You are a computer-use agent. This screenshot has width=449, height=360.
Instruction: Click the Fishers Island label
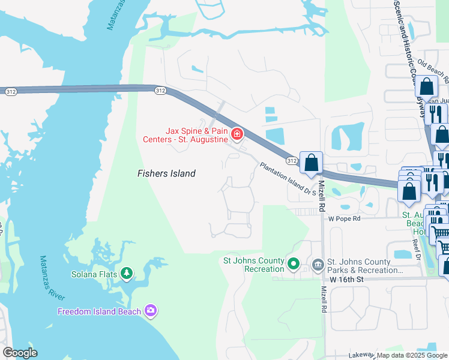pyautogui.click(x=166, y=173)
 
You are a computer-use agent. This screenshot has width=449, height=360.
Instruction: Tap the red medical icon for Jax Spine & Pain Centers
pyautogui.click(x=237, y=133)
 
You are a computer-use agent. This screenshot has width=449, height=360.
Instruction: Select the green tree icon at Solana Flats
pyautogui.click(x=126, y=274)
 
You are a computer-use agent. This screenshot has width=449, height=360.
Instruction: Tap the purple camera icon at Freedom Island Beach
pyautogui.click(x=150, y=310)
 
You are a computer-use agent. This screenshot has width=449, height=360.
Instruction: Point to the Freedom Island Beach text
pyautogui.click(x=99, y=311)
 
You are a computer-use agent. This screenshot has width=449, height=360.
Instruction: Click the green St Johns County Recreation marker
pyautogui.click(x=294, y=263)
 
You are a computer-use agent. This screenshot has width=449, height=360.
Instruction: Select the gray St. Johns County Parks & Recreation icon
pyautogui.click(x=317, y=263)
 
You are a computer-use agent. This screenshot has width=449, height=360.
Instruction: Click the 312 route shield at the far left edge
pyautogui.click(x=10, y=91)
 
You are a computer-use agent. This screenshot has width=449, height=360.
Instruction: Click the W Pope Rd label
pyautogui.click(x=343, y=219)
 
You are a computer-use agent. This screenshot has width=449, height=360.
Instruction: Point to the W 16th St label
pyautogui.click(x=347, y=280)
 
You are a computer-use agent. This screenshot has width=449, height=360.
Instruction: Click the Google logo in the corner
pyautogui.click(x=20, y=353)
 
